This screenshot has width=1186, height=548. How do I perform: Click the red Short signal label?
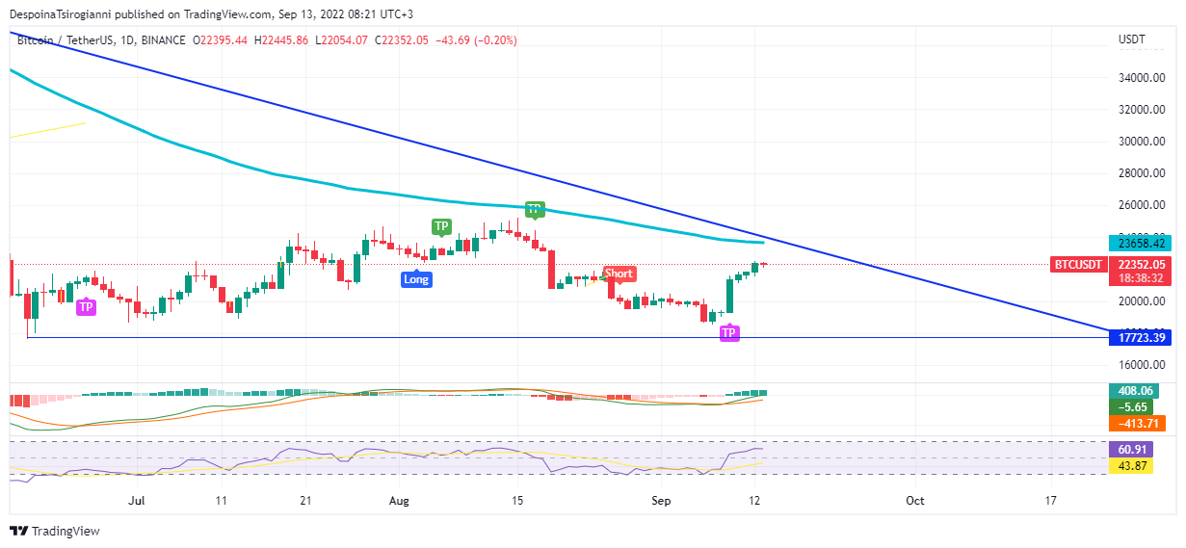(x=619, y=274)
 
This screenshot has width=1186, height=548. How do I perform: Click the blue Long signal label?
(x=416, y=279)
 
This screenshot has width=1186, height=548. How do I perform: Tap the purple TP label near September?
(x=729, y=333)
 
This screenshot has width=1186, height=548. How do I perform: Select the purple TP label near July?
(x=86, y=307)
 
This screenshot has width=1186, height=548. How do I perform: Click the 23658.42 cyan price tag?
(x=1138, y=244)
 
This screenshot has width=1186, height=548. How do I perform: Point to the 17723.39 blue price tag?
(x=1138, y=337)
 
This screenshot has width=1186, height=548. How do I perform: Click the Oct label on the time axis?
(x=915, y=501)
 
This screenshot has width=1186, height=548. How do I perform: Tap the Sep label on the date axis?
(x=660, y=501)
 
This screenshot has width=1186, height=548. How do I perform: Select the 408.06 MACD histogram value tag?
(x=1133, y=391)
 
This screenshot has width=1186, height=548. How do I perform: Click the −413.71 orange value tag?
(x=1138, y=423)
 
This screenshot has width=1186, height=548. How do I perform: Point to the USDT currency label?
(x=1131, y=39)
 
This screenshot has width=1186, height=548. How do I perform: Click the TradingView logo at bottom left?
(x=55, y=531)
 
